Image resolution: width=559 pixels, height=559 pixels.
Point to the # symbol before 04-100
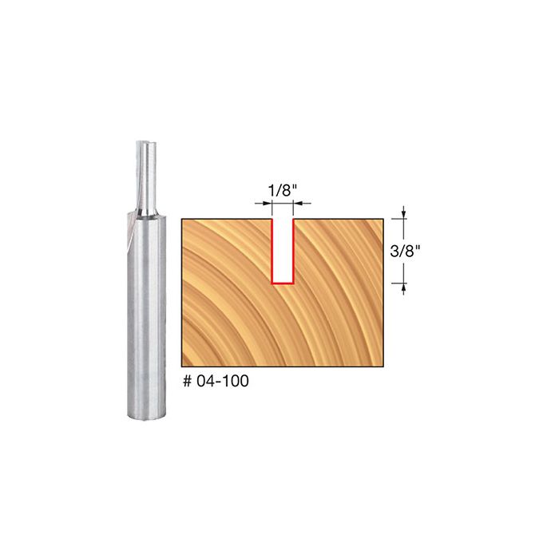(187, 382)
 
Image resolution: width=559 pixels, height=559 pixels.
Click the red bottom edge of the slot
(281, 283)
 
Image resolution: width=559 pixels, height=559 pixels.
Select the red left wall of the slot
(272, 251)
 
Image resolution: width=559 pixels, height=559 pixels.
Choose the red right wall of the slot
(291, 251)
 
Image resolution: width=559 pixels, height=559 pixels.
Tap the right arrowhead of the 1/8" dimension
(296, 204)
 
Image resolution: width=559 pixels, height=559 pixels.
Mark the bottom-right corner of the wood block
(382, 366)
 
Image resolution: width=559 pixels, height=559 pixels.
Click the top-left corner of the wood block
(182, 220)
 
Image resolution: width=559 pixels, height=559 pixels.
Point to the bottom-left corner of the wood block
(182, 366)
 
